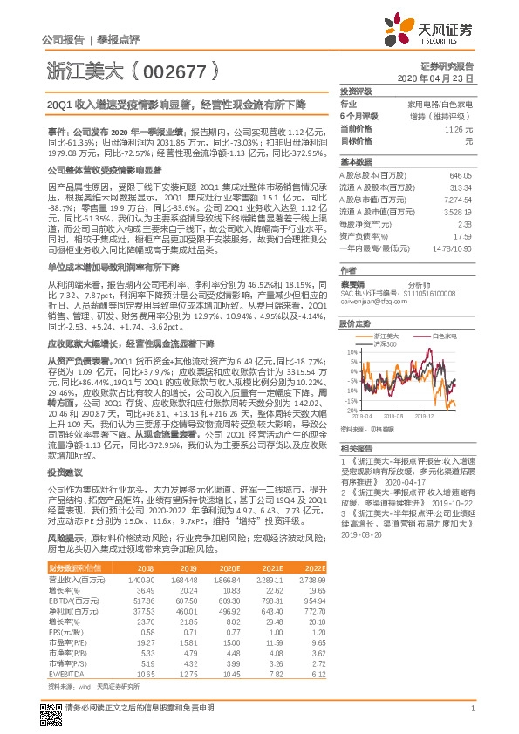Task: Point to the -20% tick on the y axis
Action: (x=348, y=410)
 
